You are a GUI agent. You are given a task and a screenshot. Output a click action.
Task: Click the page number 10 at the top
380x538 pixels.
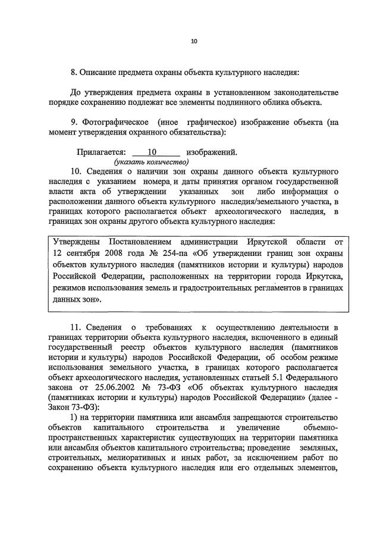(194, 42)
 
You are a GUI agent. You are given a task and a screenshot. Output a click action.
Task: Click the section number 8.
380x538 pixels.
(73, 73)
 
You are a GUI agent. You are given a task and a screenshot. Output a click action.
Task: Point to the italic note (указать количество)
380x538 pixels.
(152, 162)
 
